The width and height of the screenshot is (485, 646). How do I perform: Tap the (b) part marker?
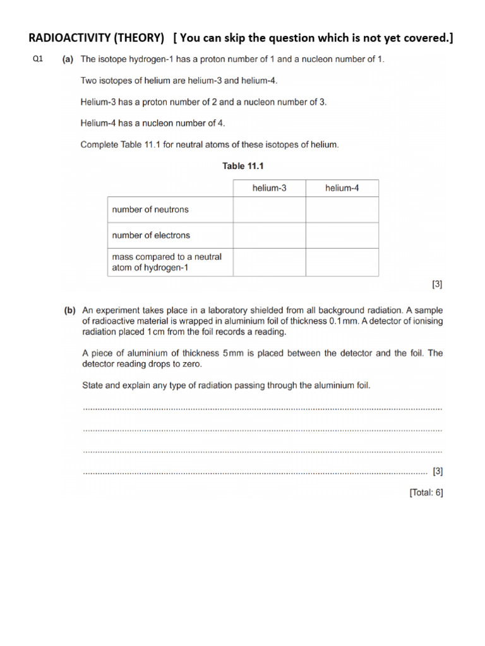(69, 310)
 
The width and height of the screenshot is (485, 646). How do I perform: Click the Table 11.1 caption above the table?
(242, 166)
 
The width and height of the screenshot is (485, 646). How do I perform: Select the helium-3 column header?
(269, 188)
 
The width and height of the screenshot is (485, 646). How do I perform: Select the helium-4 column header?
(342, 188)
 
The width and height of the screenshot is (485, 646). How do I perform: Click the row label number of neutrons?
(150, 209)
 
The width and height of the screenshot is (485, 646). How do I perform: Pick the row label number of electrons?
(151, 235)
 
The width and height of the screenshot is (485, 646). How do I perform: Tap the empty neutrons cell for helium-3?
(269, 209)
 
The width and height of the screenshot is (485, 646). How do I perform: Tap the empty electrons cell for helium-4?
(342, 235)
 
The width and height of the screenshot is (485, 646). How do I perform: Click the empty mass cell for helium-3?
(269, 262)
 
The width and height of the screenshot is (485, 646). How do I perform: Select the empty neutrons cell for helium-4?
(342, 209)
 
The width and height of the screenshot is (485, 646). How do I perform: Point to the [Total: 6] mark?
(426, 493)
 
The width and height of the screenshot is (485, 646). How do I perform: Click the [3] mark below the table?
(437, 285)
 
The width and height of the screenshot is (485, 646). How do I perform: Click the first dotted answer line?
(262, 409)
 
